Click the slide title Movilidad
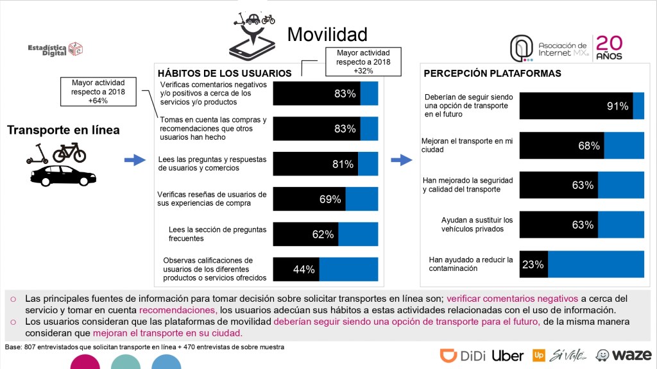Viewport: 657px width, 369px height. point(327,34)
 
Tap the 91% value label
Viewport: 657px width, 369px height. point(617,106)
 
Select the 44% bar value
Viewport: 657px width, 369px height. point(303,270)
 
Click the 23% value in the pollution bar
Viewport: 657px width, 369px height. point(533,264)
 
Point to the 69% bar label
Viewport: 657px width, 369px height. point(330,199)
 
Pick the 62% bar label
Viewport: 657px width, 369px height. point(323,234)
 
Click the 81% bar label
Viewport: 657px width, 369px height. point(343,164)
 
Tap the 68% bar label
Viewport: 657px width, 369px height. point(588,146)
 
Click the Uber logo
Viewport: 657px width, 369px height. point(508,356)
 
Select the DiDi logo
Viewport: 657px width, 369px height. point(463,356)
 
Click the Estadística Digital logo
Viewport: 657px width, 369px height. point(55,49)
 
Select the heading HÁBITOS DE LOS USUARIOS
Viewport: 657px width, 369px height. point(225,74)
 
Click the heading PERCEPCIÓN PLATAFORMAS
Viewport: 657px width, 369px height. point(493,73)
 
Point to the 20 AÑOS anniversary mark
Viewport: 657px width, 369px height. point(610,47)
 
